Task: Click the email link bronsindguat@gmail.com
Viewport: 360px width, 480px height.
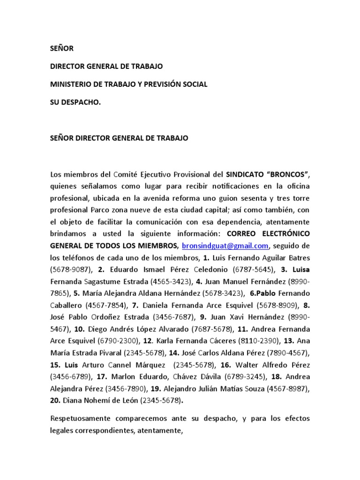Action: pos(225,245)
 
